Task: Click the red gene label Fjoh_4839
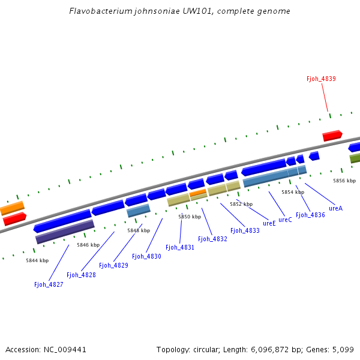point(321,79)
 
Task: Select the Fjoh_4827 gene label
point(49,284)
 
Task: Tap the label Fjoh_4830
point(146,256)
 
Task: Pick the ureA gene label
point(335,208)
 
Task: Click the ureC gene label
point(285,220)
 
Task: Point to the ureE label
point(269,223)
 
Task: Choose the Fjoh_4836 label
point(310,215)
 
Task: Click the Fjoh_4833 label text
point(245,230)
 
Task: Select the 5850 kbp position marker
point(189,217)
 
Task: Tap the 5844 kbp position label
point(37,260)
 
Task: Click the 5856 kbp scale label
point(344,181)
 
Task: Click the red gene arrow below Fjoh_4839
point(332,136)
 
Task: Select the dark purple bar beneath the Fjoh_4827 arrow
point(65,232)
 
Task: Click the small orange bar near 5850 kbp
point(198,192)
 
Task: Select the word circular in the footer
point(203,349)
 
